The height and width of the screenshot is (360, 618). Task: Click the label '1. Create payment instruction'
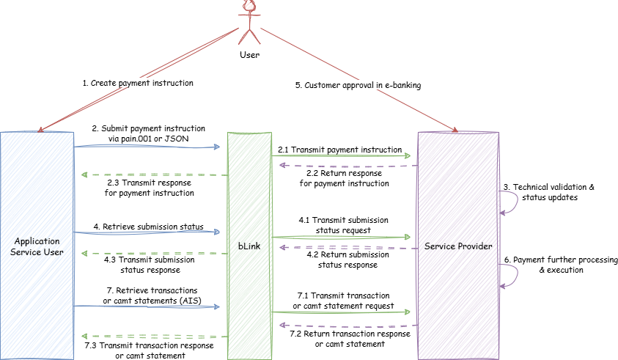pos(138,84)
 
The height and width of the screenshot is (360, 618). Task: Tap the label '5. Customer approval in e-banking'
pos(358,85)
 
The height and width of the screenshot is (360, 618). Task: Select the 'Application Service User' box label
pos(37,246)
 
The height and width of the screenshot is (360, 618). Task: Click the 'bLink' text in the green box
pos(249,246)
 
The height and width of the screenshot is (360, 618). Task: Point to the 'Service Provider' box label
pos(458,246)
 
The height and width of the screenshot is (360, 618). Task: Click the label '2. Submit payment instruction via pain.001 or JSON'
pos(149,133)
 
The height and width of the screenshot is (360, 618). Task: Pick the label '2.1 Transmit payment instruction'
pos(339,150)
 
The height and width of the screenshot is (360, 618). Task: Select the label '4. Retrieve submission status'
pos(147,227)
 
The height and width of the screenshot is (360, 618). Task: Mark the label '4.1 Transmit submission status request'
pos(343,224)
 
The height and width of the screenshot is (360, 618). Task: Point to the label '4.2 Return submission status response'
pos(343,260)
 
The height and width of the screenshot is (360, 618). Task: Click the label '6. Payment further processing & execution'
pos(561,265)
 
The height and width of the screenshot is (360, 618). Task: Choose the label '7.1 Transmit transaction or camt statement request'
pos(343,300)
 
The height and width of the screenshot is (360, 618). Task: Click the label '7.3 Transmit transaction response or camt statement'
pos(150,350)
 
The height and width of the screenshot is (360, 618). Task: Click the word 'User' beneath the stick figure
pos(249,55)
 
